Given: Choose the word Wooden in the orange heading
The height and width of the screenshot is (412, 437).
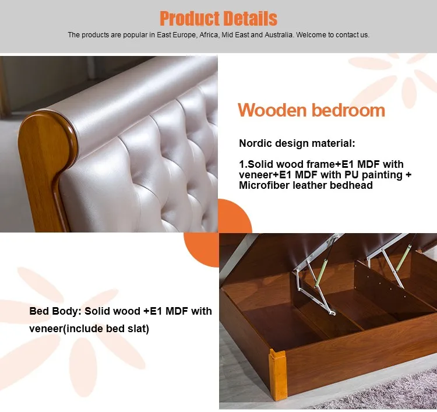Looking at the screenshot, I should click(x=272, y=110).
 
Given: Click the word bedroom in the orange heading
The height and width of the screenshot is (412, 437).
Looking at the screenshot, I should click(x=348, y=110).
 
